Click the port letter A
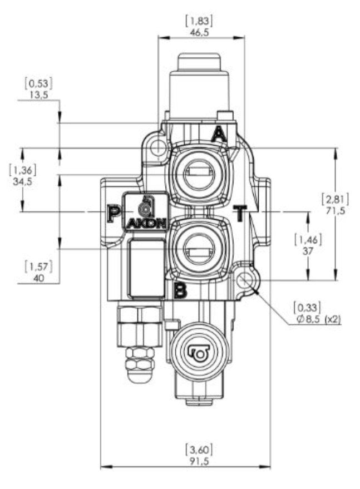[x=219, y=135]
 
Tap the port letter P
[x=114, y=213]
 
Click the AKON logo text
[x=146, y=224]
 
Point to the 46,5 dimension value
[x=200, y=32]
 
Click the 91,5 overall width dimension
[x=200, y=461]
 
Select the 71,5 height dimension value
[x=336, y=211]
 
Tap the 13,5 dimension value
[x=39, y=95]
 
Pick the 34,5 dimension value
[x=23, y=181]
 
